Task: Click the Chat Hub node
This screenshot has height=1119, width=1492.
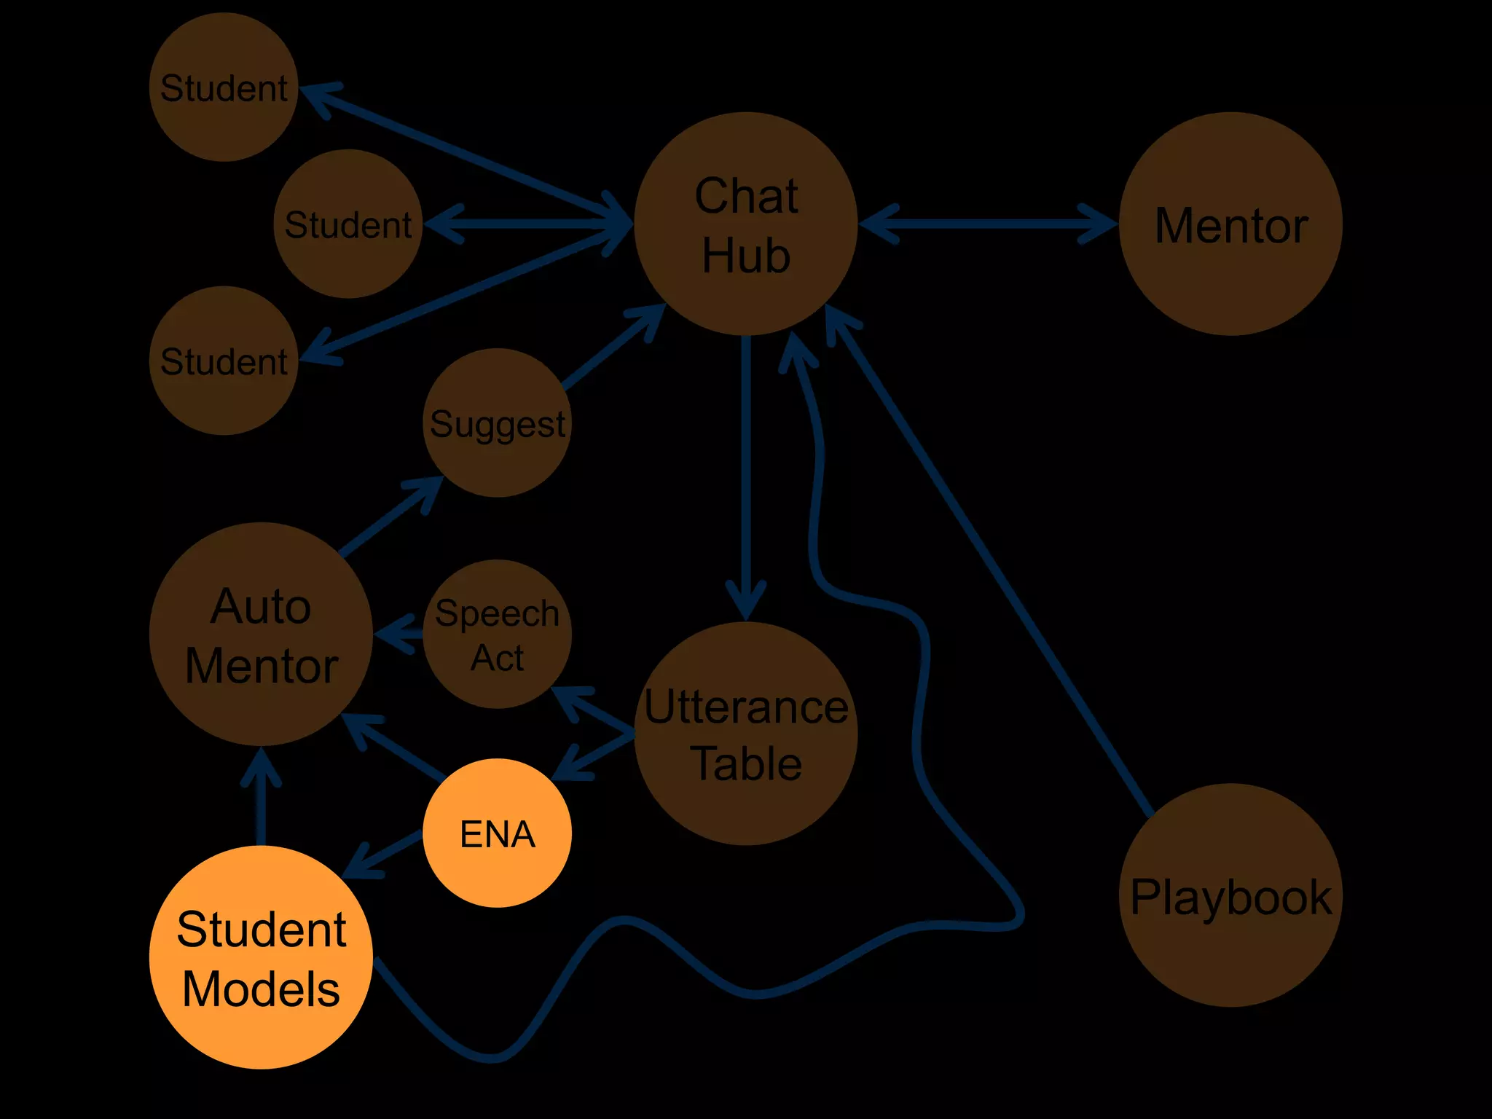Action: tap(745, 223)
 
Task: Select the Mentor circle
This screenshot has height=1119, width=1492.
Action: tap(1230, 223)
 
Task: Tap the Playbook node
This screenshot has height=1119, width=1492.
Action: tap(1230, 895)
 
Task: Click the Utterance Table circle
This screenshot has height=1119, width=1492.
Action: tap(745, 733)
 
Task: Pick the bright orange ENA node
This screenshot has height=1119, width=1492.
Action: tap(497, 833)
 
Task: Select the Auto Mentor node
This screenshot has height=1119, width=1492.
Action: tap(261, 634)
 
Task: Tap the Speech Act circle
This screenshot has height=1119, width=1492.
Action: tap(497, 634)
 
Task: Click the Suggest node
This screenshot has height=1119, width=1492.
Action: tap(497, 423)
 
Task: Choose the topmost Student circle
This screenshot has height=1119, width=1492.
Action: tap(224, 87)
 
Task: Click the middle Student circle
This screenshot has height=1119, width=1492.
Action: tap(348, 224)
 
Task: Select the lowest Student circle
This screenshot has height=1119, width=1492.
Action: tap(224, 361)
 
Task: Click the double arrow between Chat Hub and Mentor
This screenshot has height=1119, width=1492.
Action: tap(988, 224)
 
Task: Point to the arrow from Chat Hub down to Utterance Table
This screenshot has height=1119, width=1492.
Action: tap(745, 474)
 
